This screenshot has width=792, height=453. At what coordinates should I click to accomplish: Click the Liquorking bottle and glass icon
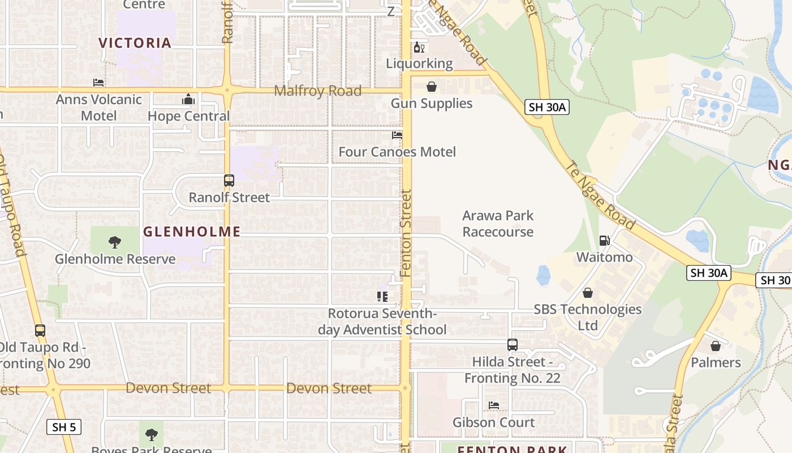(x=419, y=47)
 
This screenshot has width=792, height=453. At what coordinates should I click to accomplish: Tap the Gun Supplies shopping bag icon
(x=432, y=87)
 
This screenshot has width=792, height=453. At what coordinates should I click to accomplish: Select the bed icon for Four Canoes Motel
(x=397, y=135)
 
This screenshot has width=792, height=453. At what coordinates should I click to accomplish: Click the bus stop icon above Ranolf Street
(x=229, y=181)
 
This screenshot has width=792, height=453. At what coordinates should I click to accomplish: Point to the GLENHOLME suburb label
(x=192, y=232)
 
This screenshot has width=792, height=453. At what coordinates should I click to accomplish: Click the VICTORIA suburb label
(x=135, y=43)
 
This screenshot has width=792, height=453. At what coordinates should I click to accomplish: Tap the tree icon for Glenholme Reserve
(x=115, y=242)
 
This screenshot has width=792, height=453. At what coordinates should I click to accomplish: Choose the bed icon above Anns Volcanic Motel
(x=98, y=83)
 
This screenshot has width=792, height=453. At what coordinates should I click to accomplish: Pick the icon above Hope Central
(x=188, y=100)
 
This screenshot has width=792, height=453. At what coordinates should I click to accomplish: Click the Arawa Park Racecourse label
(x=498, y=224)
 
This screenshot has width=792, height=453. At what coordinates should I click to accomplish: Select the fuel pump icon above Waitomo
(x=604, y=241)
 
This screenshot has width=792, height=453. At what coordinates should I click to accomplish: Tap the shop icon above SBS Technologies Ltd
(x=588, y=293)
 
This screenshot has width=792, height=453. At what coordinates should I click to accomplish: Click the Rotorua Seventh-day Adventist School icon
(x=382, y=297)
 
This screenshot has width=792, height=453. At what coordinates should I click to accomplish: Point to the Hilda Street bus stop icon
(x=512, y=345)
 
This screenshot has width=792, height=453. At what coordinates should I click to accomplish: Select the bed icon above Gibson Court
(x=494, y=405)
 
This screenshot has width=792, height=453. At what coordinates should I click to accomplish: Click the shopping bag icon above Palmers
(x=716, y=346)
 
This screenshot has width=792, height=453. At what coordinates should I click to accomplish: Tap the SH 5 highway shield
(x=64, y=427)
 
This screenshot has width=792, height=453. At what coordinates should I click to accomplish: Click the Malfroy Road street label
(x=317, y=91)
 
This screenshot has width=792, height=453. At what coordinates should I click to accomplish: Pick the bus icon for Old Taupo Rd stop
(x=40, y=331)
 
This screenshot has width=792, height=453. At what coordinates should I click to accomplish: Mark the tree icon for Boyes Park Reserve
(x=151, y=435)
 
